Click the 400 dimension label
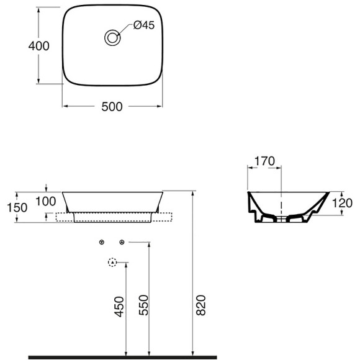coord(39,46)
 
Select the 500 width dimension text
coord(112,107)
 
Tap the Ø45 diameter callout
coord(144,25)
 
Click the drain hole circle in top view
coord(112,37)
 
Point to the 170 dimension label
coord(264,161)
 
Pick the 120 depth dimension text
coord(342,203)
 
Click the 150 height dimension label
coord(17,207)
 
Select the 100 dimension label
coord(46,201)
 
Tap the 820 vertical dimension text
coord(201,305)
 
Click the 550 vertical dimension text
coord(144,305)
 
